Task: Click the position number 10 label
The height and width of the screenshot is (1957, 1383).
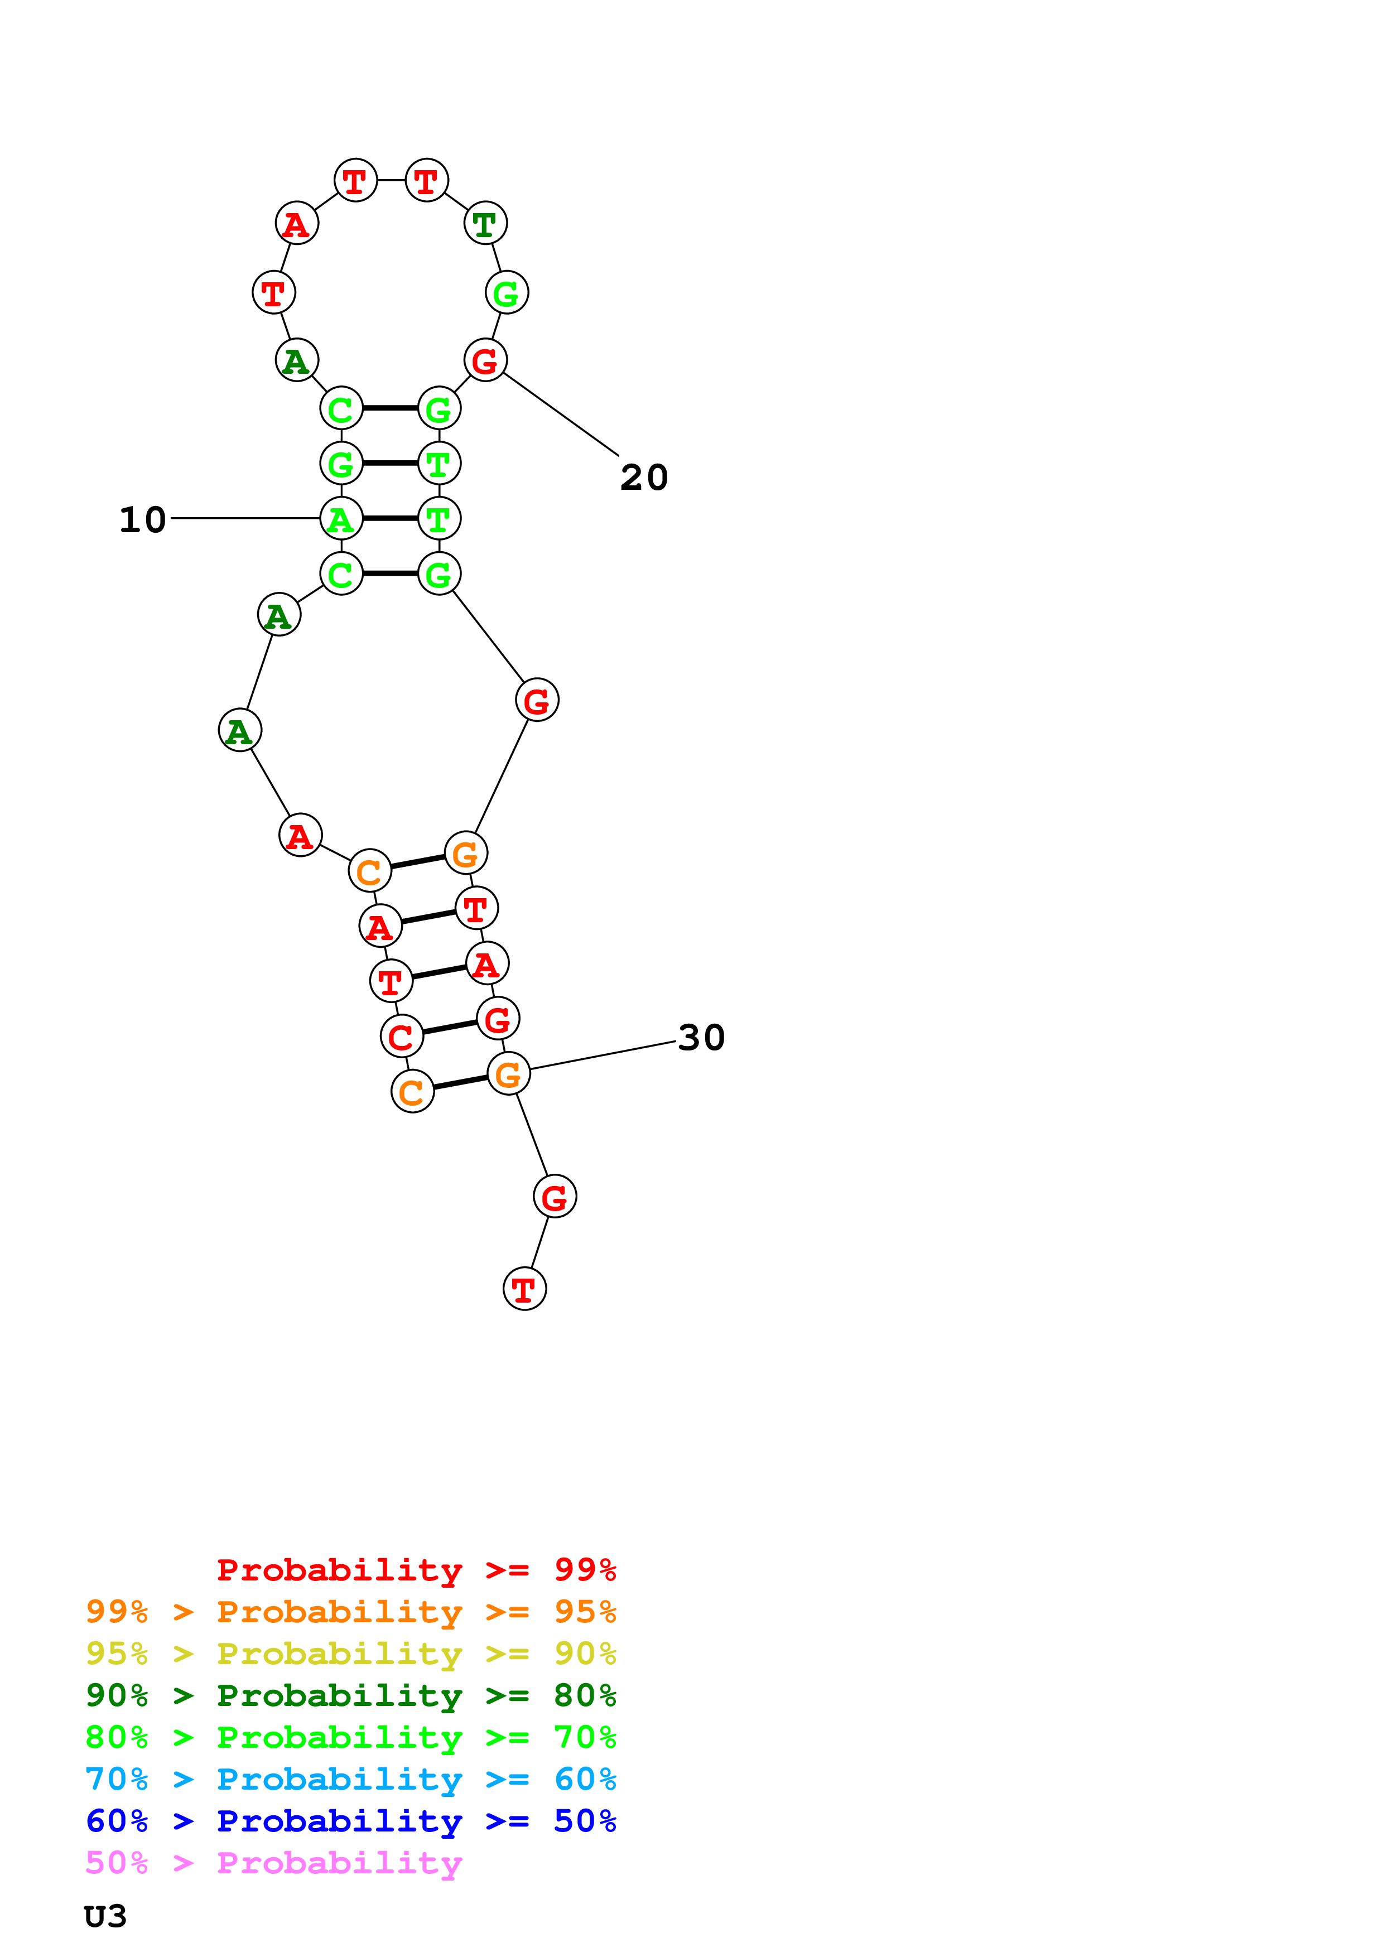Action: coord(142,520)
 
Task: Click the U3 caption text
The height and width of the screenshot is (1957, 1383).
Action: coord(105,1916)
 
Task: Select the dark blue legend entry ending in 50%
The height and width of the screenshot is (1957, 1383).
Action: coord(351,1821)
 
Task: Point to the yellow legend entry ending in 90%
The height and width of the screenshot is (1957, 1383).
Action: coord(351,1654)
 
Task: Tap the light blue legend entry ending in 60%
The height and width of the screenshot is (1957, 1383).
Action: coord(351,1779)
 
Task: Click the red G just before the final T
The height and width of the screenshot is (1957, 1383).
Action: coord(555,1197)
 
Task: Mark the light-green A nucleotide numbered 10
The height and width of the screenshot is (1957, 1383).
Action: coord(341,518)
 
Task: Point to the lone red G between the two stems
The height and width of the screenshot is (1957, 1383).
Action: coord(537,701)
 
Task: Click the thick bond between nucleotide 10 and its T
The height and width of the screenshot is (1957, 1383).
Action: coord(389,518)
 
